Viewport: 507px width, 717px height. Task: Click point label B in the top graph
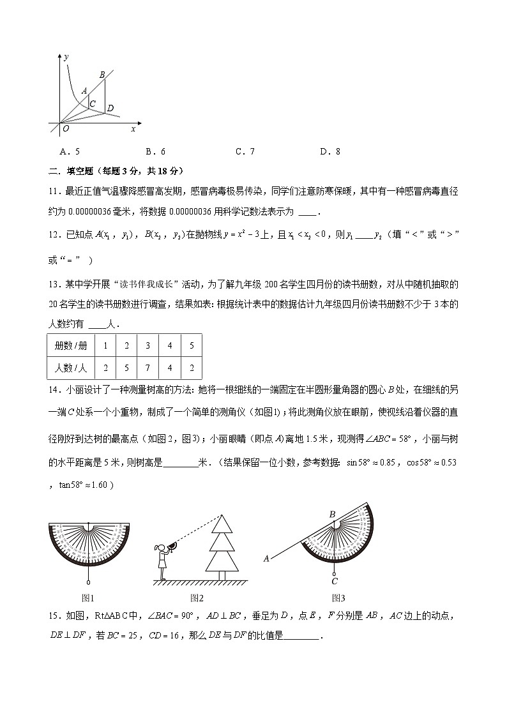click(102, 75)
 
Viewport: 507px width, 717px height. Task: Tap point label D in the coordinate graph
click(110, 109)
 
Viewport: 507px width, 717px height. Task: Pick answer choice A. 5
click(69, 151)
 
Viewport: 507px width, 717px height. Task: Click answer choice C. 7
click(245, 151)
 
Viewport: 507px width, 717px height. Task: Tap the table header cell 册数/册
click(71, 345)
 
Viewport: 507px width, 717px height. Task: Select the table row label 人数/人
click(71, 368)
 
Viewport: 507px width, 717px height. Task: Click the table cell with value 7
click(148, 368)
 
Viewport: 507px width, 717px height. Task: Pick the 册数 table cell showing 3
click(148, 345)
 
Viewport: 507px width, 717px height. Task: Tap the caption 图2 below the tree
click(197, 598)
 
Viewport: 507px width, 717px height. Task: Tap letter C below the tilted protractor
click(334, 581)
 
